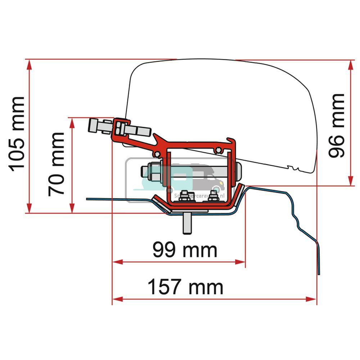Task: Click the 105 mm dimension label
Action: [x=17, y=134]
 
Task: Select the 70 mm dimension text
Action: [x=57, y=164]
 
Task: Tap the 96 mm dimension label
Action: [x=337, y=126]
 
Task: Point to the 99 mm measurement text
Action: [x=185, y=250]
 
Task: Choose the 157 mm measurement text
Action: [x=185, y=287]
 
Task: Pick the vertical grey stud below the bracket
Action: [x=187, y=224]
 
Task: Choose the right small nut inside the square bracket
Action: [x=214, y=196]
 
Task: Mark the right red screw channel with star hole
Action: [x=217, y=149]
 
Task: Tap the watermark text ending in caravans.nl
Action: [x=199, y=195]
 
